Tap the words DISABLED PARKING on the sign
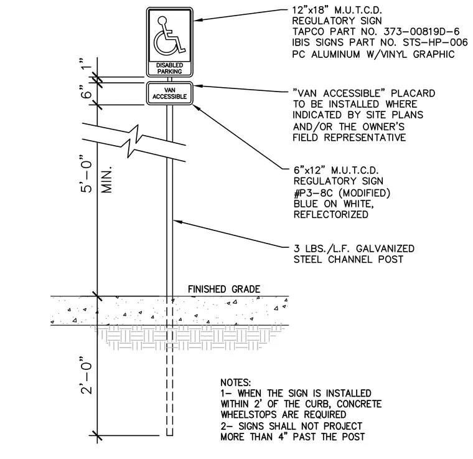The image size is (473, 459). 169,69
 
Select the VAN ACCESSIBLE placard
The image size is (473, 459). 169,93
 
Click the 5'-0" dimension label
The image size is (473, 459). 87,174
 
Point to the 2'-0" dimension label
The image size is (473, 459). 87,375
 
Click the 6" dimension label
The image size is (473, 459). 87,92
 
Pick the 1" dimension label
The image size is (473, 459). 87,64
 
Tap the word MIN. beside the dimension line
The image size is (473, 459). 106,179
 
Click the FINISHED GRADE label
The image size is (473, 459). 224,289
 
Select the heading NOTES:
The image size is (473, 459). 236,382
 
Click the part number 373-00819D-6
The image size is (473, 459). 421,31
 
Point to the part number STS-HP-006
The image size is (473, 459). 435,42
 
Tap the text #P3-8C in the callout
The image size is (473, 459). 313,193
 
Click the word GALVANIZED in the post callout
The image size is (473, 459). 385,248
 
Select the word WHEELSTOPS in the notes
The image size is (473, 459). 249,414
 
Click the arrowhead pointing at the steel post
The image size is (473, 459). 178,222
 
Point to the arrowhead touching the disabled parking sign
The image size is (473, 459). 198,20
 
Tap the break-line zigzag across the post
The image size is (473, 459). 134,141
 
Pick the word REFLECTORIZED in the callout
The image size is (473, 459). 331,215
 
